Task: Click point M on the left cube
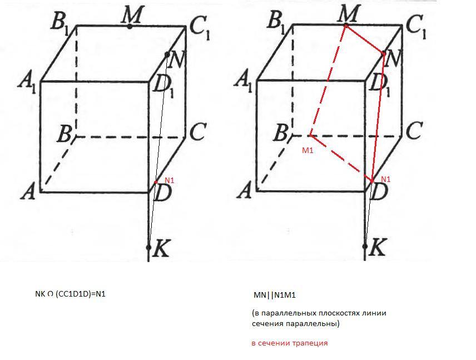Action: coord(130,26)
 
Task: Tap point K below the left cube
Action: coord(149,247)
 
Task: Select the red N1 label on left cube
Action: coord(169,180)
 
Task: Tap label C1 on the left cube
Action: coord(199,26)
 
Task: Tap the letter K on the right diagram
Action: coord(378,249)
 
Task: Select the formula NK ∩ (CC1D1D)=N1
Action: coord(70,294)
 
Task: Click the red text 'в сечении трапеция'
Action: coord(289,343)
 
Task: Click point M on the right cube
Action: coord(346,25)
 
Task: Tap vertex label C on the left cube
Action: coord(198,132)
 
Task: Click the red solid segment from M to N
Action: coord(365,40)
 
